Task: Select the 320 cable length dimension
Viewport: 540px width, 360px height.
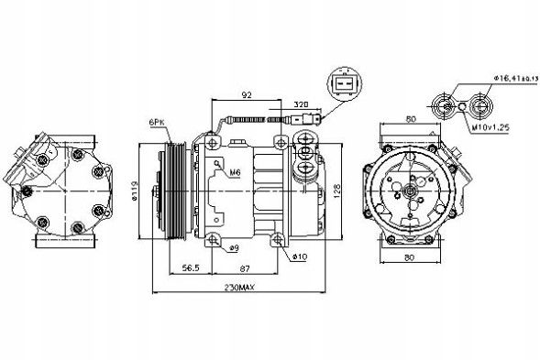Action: [x=300, y=105]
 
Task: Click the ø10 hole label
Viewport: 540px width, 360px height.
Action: [x=299, y=256]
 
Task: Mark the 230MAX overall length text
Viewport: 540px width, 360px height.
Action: [x=240, y=289]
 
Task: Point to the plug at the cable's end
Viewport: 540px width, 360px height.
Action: [x=315, y=117]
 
